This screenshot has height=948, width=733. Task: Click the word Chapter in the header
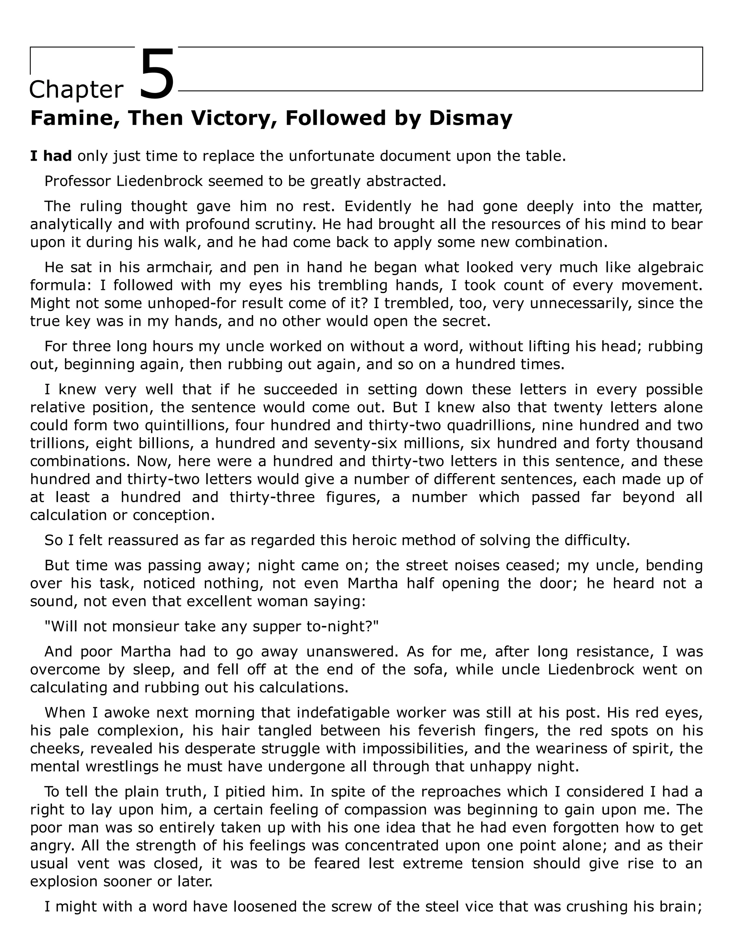pyautogui.click(x=76, y=90)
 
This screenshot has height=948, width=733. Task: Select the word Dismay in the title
pyautogui.click(x=470, y=118)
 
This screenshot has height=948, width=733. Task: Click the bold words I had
pyautogui.click(x=51, y=156)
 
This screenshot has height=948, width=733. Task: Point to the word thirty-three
pyautogui.click(x=272, y=497)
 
